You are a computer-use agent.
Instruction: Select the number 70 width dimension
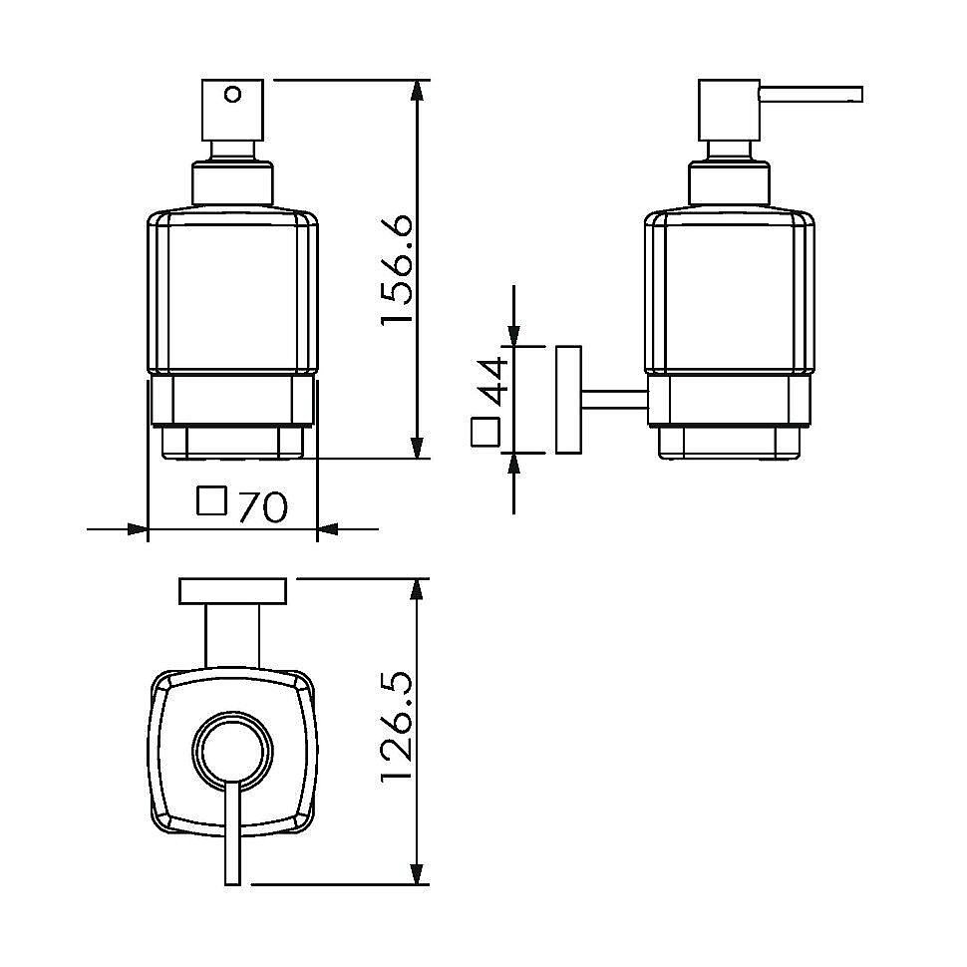(x=262, y=507)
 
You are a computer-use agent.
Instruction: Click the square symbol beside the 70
(x=211, y=500)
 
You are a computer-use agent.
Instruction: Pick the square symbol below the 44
(x=484, y=432)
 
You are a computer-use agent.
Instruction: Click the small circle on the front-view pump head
(x=233, y=95)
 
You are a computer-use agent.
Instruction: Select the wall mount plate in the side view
(x=568, y=400)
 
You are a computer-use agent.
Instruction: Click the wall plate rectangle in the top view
(x=233, y=591)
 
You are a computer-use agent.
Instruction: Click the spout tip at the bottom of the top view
(x=232, y=883)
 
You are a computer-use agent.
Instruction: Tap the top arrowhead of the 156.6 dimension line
(x=418, y=91)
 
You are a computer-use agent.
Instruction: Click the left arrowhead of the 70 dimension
(x=137, y=528)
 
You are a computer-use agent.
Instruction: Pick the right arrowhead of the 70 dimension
(x=328, y=528)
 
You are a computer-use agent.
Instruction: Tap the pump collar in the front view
(x=232, y=183)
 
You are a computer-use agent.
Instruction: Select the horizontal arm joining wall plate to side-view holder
(x=614, y=400)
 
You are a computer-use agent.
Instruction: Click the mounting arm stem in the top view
(x=232, y=635)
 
